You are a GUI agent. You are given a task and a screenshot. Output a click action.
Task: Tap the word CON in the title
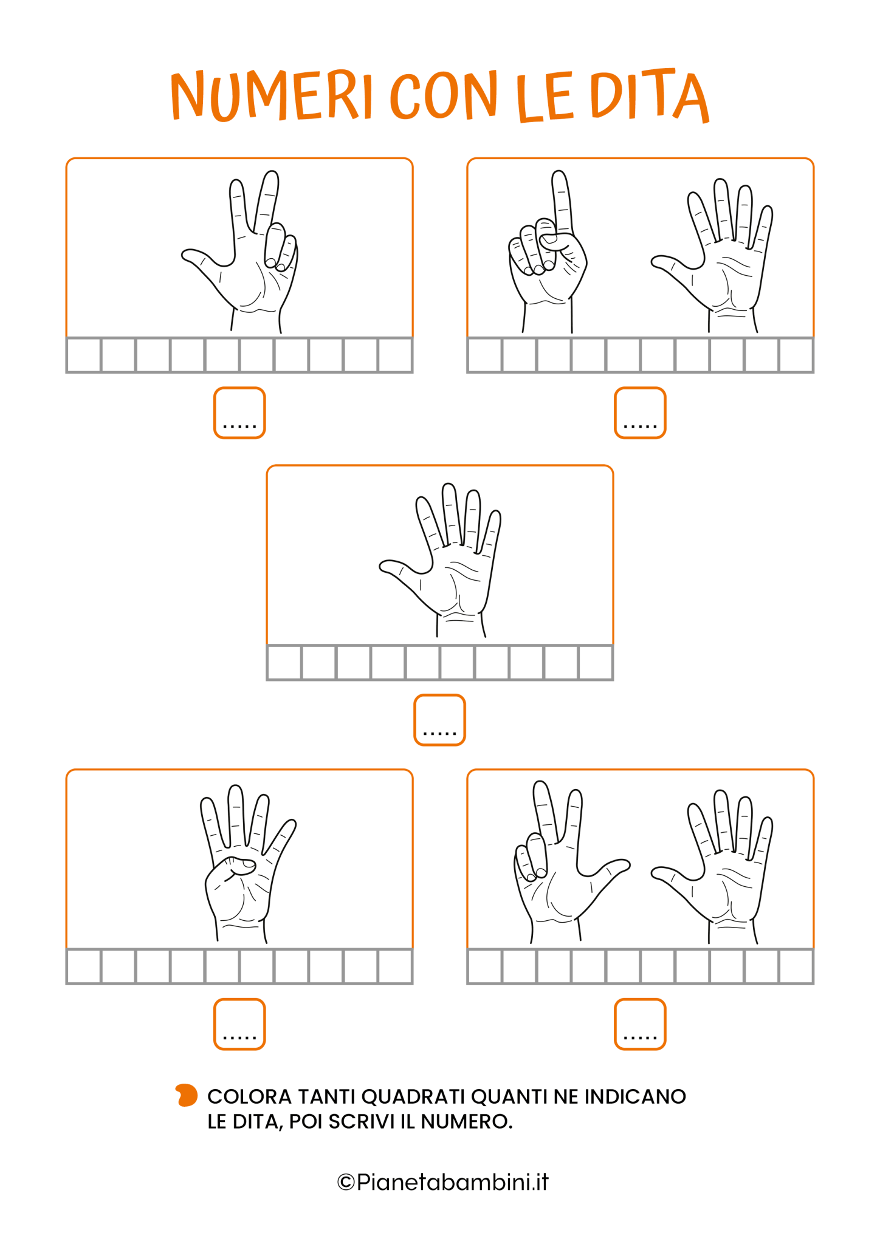444,95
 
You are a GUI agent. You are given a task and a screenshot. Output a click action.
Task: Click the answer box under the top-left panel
239,413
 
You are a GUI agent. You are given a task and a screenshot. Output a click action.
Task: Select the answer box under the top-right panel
640,413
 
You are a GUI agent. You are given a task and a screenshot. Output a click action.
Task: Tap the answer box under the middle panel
439,720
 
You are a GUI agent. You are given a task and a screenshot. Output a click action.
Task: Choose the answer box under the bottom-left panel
239,1024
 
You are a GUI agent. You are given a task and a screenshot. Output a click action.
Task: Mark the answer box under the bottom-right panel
640,1024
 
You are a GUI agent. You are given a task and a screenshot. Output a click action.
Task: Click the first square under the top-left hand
84,355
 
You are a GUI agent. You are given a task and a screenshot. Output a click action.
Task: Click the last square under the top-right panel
796,355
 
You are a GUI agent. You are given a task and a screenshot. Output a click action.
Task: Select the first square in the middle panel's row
284,663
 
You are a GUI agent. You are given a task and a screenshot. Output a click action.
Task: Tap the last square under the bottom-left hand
395,966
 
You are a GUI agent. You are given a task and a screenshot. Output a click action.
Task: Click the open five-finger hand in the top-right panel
712,255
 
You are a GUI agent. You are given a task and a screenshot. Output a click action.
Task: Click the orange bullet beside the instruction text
187,1095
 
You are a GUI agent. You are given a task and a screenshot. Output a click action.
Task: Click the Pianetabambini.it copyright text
442,1182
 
